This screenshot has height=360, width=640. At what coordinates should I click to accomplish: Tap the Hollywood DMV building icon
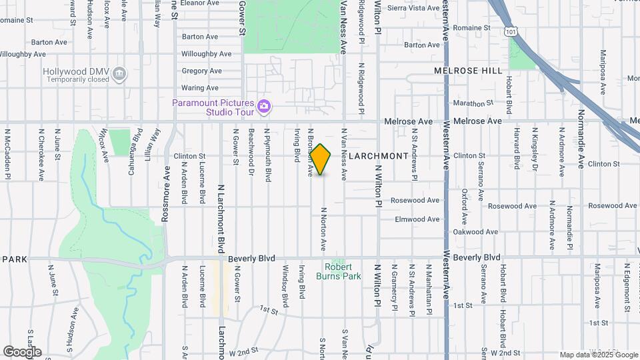click(119, 73)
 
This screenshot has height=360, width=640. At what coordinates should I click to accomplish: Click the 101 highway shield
click(510, 31)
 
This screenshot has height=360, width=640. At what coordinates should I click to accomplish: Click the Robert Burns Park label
click(347, 271)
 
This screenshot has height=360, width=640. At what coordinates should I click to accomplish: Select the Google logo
click(22, 352)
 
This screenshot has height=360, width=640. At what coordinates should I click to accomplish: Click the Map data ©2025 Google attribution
click(598, 355)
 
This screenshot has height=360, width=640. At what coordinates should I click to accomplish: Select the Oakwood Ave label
click(475, 232)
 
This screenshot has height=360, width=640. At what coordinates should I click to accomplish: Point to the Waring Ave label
click(200, 88)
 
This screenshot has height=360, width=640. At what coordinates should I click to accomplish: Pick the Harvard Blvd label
click(517, 149)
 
